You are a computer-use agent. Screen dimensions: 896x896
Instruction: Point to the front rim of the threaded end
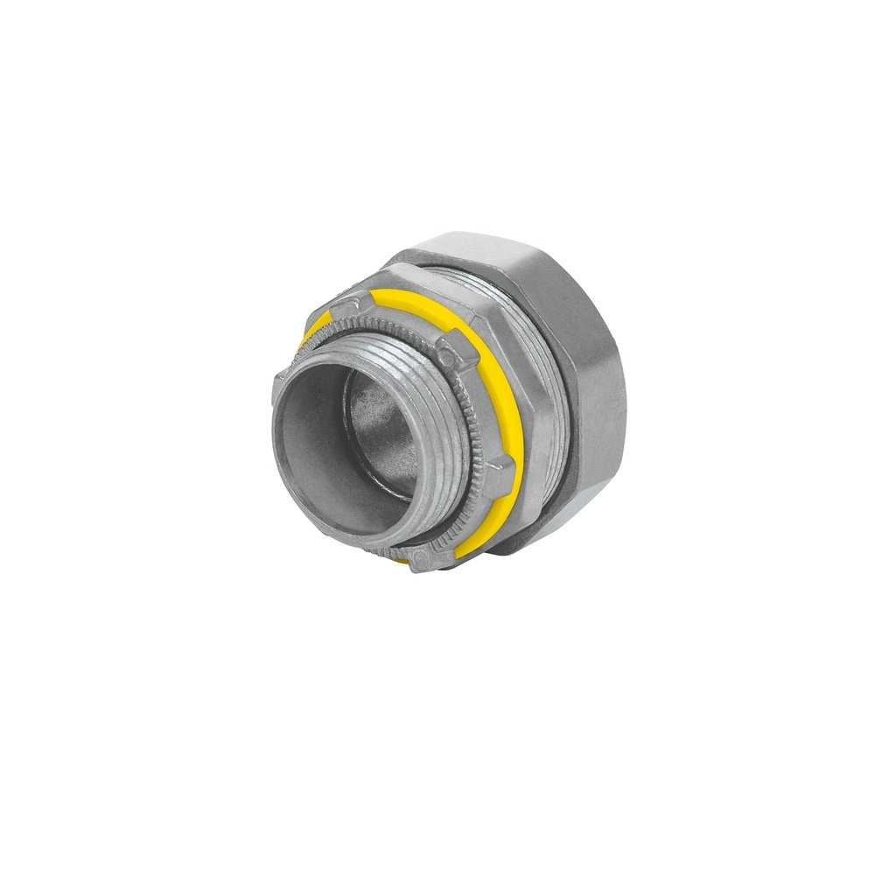point(289,455)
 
